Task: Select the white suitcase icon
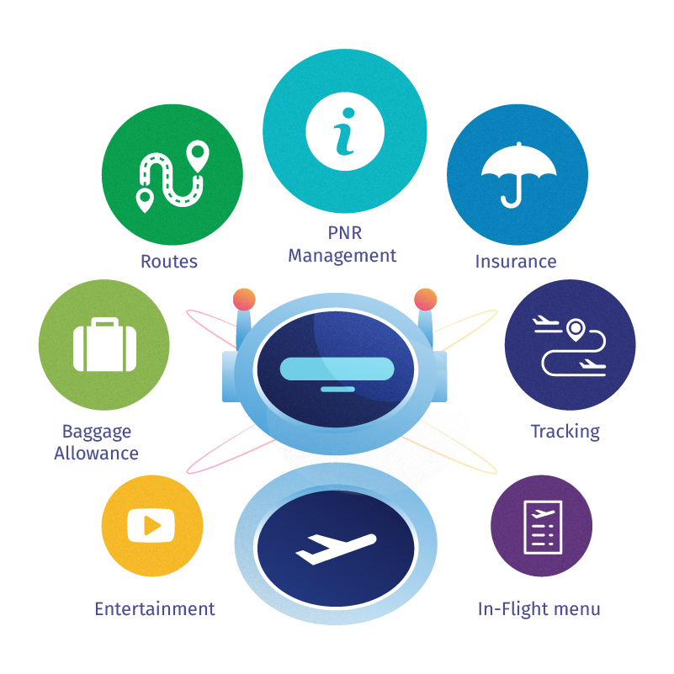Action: click(x=104, y=345)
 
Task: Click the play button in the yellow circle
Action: click(x=151, y=526)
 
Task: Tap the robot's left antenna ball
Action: click(x=243, y=298)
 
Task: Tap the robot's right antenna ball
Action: click(x=426, y=298)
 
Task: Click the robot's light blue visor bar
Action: click(x=336, y=369)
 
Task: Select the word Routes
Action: click(x=169, y=262)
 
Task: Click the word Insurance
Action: click(x=515, y=262)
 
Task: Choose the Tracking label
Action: click(x=565, y=432)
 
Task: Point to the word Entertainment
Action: click(x=155, y=608)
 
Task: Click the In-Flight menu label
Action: click(x=539, y=608)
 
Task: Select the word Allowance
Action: click(x=97, y=454)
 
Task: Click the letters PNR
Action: click(x=343, y=231)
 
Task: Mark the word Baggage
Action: click(x=97, y=432)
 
